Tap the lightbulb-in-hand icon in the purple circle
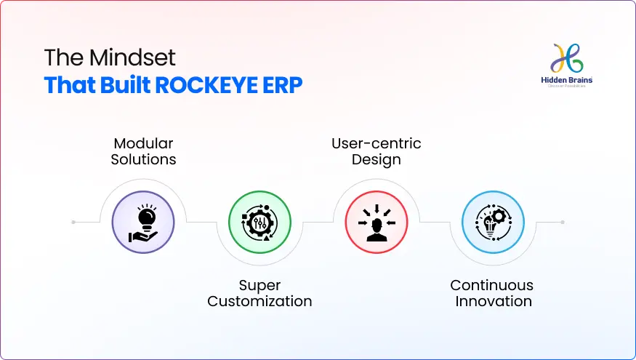pyautogui.click(x=143, y=222)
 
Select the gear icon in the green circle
pyautogui.click(x=259, y=222)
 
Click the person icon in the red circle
pyautogui.click(x=376, y=222)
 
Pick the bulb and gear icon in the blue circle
pyautogui.click(x=492, y=222)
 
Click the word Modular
pyautogui.click(x=143, y=143)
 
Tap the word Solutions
pyautogui.click(x=143, y=159)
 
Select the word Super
pyautogui.click(x=259, y=285)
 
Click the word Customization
pyautogui.click(x=259, y=301)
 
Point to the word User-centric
pyautogui.click(x=376, y=143)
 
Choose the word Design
pyautogui.click(x=376, y=159)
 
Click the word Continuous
pyautogui.click(x=492, y=285)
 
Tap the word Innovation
pyautogui.click(x=492, y=301)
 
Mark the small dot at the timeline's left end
pyautogui.click(x=73, y=222)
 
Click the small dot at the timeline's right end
pyautogui.click(x=563, y=222)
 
